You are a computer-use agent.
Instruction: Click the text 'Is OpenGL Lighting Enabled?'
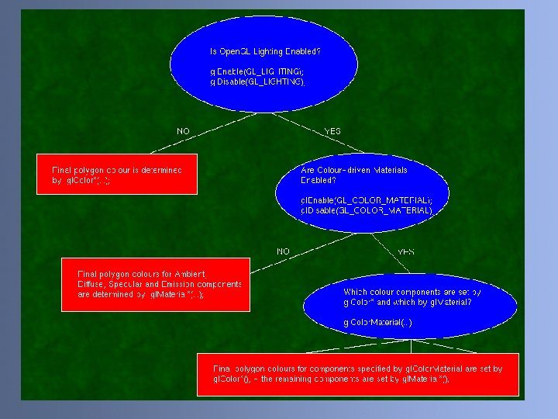(265, 51)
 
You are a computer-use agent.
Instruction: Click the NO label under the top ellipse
(183, 131)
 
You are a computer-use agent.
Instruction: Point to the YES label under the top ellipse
(332, 131)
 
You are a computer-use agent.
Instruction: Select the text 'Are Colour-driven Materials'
(353, 169)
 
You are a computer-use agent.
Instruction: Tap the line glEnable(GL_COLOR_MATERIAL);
(367, 200)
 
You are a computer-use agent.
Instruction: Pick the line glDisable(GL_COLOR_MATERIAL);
(367, 210)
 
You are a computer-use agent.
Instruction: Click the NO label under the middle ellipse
(283, 251)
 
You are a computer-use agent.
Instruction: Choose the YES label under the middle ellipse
(406, 251)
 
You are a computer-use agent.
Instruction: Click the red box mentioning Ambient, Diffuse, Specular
(156, 284)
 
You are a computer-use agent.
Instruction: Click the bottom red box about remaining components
(358, 374)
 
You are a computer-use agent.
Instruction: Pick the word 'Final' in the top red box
(61, 169)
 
